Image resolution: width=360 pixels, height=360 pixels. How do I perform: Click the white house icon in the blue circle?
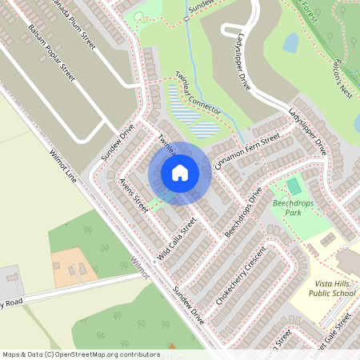click(x=180, y=172)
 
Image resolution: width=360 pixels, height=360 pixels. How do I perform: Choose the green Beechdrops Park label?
click(x=293, y=209)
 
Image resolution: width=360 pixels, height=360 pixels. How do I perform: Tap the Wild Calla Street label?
click(x=176, y=238)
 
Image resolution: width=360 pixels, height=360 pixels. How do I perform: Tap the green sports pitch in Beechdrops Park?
click(x=294, y=186)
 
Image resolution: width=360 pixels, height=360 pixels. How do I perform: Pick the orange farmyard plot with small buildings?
click(x=74, y=267)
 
